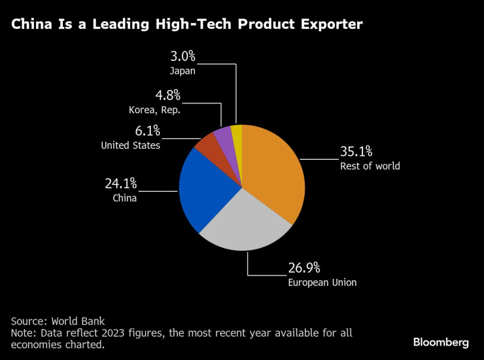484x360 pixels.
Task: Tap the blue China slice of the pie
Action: pos(203,190)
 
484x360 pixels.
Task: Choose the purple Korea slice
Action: pos(224,136)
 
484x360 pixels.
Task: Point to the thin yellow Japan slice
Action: pos(237,134)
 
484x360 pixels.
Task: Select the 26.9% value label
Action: pos(304,268)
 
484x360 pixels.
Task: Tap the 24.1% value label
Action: pos(121,183)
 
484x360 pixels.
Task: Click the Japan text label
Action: pos(182,71)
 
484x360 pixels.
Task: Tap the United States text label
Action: pos(131,145)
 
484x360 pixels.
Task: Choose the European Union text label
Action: pos(322,283)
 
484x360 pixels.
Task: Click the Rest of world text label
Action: pos(370,166)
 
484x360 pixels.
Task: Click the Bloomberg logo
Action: pos(441,342)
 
